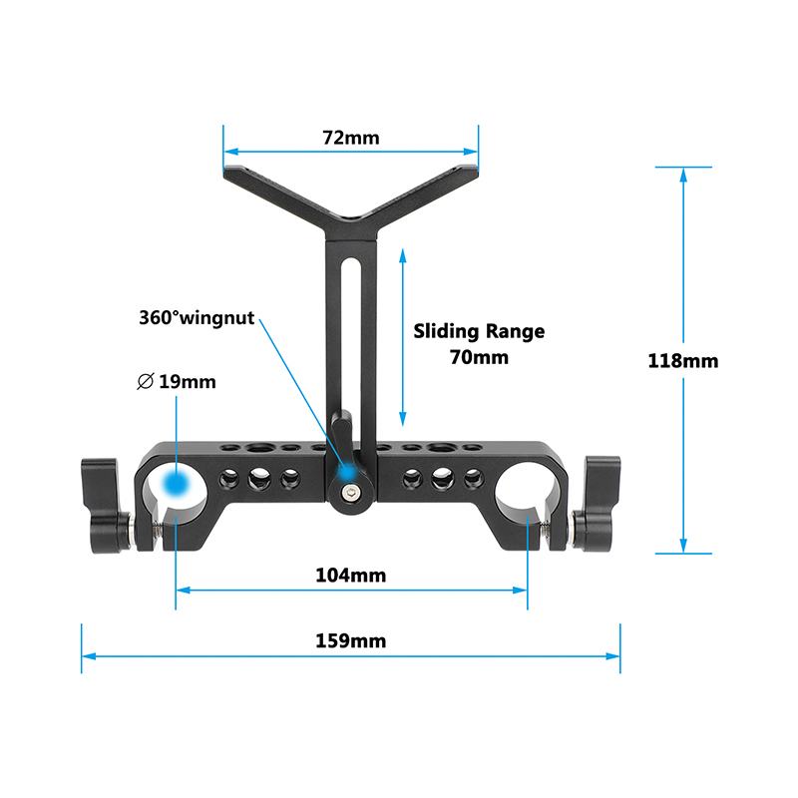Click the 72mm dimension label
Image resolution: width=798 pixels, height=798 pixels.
pos(351,138)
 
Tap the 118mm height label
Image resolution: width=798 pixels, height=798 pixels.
pos(683,361)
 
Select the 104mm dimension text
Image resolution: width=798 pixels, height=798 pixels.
pos(351,576)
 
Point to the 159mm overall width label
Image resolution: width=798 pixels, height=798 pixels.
pos(351,640)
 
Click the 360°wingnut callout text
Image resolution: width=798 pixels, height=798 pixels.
pos(197,317)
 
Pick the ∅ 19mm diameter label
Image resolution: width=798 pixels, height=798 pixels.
pos(177,382)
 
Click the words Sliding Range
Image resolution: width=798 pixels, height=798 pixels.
pos(479,331)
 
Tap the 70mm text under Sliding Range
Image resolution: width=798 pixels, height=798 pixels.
pos(479,357)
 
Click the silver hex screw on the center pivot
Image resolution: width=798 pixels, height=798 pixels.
pos(350,492)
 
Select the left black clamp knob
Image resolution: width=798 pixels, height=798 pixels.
pos(106,506)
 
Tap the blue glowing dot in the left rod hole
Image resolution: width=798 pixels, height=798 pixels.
pos(176,483)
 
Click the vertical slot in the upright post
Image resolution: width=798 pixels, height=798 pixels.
pos(351,346)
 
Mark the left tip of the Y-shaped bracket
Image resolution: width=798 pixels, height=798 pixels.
pos(223,172)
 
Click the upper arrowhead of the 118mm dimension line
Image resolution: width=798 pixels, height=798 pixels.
pos(683,174)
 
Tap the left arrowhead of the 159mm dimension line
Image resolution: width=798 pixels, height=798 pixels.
pos(89,656)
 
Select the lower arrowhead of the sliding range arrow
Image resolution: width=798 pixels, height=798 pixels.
pos(403,419)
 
